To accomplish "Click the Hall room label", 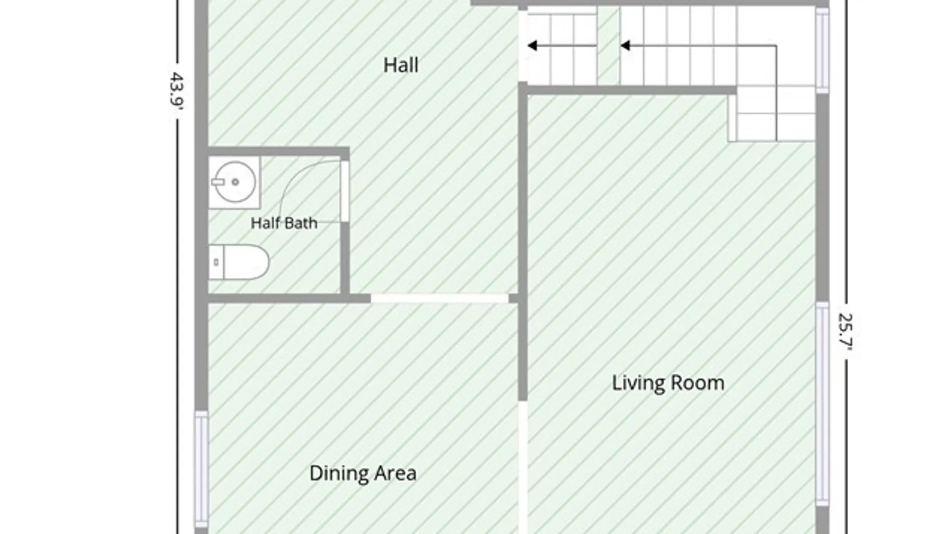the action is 401,65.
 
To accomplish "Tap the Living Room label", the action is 668,383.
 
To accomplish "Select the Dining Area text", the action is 363,473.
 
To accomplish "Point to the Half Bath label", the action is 284,223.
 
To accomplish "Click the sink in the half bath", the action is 234,182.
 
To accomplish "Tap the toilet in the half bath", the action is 239,262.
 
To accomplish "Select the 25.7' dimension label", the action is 846,332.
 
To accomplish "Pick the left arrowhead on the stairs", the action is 532,46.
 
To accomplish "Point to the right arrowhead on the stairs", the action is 625,46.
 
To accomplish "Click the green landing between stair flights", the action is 608,45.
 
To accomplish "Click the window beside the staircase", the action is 822,50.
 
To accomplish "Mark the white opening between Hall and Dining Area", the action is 440,298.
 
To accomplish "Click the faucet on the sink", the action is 218,182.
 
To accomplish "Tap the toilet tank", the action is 216,262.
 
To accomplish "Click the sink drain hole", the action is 235,182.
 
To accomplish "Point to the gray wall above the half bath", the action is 279,151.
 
